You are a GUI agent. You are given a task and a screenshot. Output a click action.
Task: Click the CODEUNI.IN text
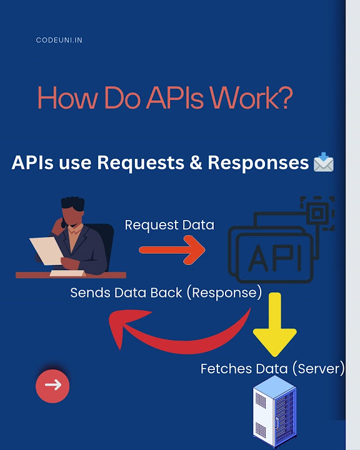click(x=59, y=41)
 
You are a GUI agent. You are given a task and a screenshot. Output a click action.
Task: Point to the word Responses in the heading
click(x=258, y=163)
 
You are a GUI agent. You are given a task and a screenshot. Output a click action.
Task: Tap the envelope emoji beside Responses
click(x=324, y=164)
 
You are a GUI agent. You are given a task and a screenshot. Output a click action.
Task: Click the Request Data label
click(x=169, y=225)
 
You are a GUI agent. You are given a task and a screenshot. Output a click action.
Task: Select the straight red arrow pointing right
click(x=171, y=251)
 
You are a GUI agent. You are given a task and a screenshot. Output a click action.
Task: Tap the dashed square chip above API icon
click(x=317, y=214)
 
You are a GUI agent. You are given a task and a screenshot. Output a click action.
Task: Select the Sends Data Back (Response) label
click(x=166, y=292)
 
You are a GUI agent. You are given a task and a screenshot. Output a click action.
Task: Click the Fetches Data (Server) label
click(x=272, y=369)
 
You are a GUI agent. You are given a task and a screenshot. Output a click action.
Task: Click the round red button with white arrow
click(x=52, y=385)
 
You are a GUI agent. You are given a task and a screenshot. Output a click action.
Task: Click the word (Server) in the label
click(x=318, y=369)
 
